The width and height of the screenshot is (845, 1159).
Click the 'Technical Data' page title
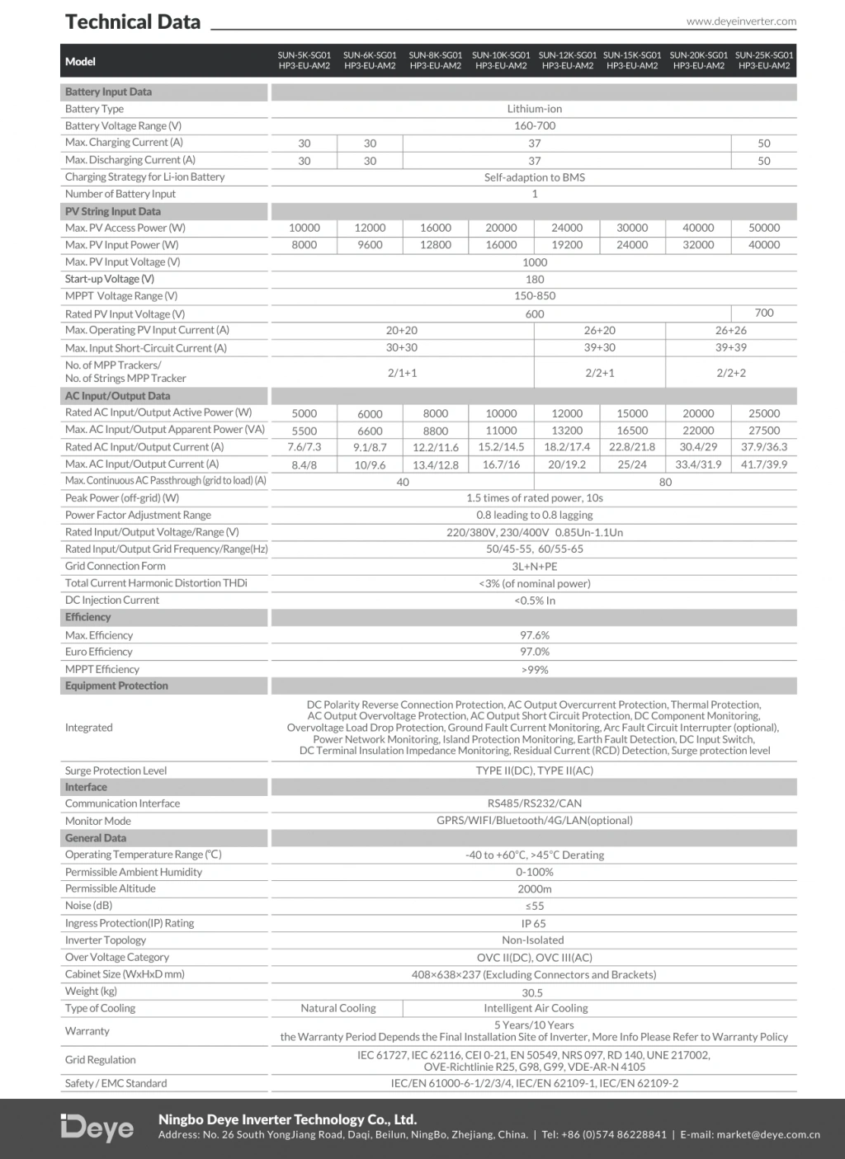133,22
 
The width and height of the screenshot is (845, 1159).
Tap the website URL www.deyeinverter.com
741,21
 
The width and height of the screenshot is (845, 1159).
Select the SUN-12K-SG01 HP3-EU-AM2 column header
567,60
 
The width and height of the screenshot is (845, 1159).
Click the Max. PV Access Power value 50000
763,228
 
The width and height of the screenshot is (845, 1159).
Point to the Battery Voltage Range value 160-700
534,125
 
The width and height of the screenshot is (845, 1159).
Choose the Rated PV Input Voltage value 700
763,313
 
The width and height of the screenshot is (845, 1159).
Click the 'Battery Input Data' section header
108,92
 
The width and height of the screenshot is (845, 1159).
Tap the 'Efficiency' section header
87,617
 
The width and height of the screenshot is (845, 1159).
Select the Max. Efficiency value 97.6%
534,635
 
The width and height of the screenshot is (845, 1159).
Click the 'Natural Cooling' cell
338,1008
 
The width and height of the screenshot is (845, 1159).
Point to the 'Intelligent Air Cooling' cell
536,1008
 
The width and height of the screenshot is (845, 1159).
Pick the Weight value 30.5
532,992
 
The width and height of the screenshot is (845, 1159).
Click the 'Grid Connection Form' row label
115,566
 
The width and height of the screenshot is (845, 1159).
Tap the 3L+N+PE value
534,567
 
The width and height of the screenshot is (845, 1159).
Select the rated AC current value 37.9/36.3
763,447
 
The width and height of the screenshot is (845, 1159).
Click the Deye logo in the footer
97,1128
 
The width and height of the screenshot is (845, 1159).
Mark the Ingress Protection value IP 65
533,924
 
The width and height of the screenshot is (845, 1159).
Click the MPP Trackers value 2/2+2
730,373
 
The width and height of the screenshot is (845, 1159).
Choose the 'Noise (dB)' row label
88,906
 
